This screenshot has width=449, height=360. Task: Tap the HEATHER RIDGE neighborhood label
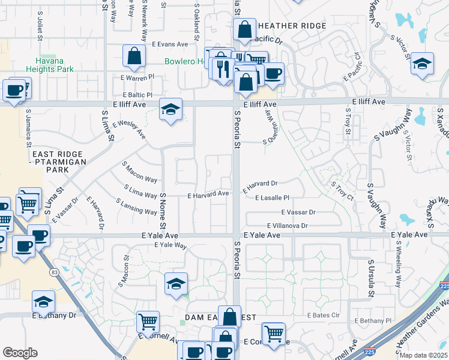coord(292,26)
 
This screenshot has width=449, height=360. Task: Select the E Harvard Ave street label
coord(208,194)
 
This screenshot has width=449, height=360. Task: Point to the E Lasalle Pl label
coord(273,197)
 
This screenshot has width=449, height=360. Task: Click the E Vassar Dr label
coord(298,212)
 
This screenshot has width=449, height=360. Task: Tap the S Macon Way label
coord(139,171)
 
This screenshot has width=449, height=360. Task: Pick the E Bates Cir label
coord(324,315)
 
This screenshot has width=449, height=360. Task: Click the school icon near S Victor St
coord(423,64)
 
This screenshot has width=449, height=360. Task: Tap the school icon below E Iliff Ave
coord(171,110)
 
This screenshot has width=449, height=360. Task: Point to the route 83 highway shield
coord(55,272)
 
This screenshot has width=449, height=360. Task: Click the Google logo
coord(20,353)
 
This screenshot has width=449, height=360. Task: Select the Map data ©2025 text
coord(424,355)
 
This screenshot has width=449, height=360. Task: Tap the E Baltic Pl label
coord(137,95)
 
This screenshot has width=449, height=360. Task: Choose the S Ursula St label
coord(372,279)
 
